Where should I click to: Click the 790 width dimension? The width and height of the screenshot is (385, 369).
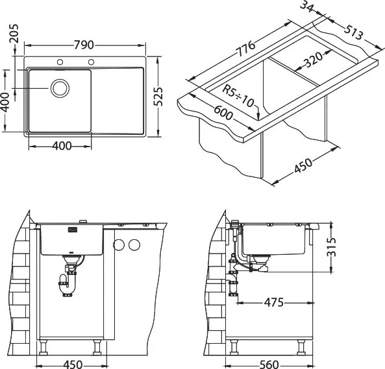click(84, 45)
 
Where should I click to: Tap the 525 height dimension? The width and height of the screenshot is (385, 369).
click(158, 97)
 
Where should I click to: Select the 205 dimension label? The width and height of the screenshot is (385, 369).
click(14, 33)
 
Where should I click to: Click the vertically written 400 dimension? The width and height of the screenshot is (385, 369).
click(5, 102)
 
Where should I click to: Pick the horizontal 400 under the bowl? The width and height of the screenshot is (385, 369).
click(62, 146)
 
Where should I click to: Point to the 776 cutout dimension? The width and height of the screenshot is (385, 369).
click(245, 49)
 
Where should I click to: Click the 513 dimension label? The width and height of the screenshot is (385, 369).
click(353, 32)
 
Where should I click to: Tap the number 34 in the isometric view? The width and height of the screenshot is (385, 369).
click(306, 6)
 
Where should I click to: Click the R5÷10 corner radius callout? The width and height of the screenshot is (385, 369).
click(238, 95)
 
